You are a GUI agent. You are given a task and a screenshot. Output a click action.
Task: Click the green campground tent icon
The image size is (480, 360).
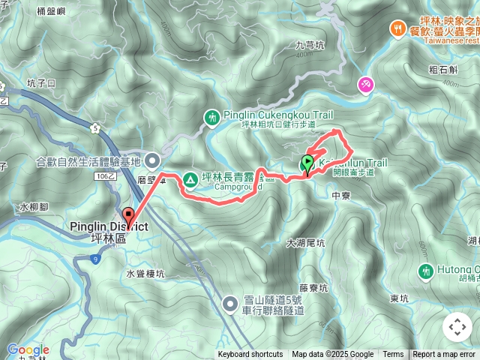(x=190, y=180)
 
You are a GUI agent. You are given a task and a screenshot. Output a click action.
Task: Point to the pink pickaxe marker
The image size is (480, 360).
(x=365, y=85)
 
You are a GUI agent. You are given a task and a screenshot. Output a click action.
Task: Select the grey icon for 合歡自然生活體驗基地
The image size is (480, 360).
(x=153, y=160)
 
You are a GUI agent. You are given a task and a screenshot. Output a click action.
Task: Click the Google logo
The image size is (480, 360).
(x=28, y=350)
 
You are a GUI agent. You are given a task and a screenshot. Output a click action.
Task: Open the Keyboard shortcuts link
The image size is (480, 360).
(x=250, y=355)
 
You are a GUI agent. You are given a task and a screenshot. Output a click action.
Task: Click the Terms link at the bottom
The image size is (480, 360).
(x=393, y=355)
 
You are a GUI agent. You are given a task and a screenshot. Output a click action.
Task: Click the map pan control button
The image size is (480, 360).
(x=457, y=326)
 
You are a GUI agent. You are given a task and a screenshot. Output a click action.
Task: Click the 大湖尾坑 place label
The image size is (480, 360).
(x=305, y=244)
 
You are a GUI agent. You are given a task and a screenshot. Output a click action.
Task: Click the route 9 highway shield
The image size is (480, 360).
(x=96, y=259)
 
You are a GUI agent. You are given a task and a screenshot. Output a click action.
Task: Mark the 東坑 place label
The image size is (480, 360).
(x=400, y=298)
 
